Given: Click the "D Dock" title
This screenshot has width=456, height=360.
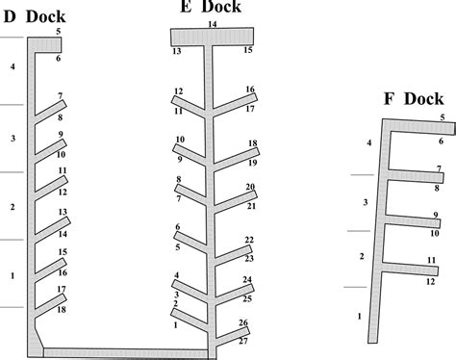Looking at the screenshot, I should point(34,16).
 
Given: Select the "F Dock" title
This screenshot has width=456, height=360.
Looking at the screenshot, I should point(411,98).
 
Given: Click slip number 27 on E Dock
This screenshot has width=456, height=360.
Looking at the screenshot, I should point(242,342).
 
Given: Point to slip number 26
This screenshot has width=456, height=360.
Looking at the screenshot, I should point(243,322).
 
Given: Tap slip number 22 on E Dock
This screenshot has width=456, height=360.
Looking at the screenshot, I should point(249,240).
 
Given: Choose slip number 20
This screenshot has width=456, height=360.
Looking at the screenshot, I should point(250,187).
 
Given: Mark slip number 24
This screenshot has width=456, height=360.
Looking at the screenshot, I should point(247,280).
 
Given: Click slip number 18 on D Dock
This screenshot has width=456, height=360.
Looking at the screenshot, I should point(62,309).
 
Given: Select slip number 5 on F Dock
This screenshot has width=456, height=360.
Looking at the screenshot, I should point(443,117).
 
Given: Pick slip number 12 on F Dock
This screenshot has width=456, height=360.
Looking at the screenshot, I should point(430,281).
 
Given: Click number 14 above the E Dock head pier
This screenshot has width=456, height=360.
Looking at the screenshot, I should point(212,23).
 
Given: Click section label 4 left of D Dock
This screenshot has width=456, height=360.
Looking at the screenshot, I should point(13,67).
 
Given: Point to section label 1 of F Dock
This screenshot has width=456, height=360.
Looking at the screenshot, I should point(360,316).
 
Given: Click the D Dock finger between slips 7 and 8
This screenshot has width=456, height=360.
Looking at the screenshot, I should point(50,108).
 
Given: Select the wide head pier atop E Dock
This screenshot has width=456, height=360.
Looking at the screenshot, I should point(212,37).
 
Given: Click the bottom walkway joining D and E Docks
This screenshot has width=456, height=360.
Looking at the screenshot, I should point(125,352).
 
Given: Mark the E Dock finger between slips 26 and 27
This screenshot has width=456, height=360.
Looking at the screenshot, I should point(231,333).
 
